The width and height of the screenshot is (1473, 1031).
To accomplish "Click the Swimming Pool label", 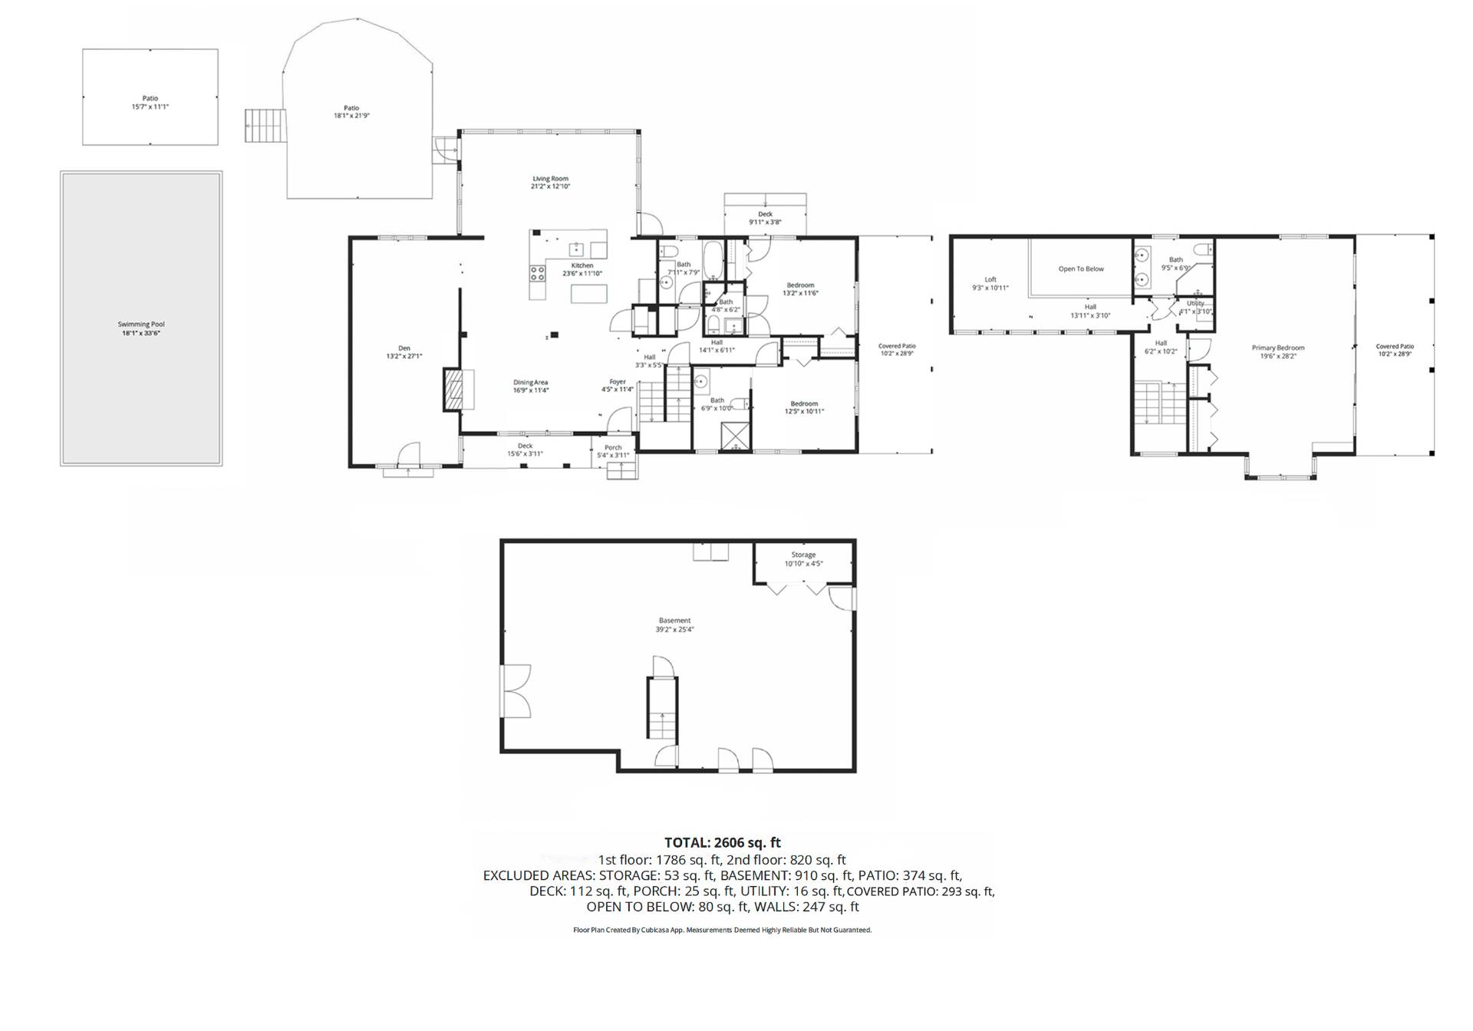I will [141, 328].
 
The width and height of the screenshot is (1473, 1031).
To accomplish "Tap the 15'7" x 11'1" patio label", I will [150, 103].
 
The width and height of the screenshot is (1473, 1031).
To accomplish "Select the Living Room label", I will [550, 183].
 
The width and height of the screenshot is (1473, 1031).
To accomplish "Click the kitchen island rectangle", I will [588, 294].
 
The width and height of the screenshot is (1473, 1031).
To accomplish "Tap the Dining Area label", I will [531, 386].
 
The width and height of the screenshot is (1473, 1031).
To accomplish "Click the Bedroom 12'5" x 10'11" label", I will [804, 407].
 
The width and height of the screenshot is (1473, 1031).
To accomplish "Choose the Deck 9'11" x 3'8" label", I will [765, 218].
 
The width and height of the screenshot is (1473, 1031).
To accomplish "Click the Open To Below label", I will [1081, 269].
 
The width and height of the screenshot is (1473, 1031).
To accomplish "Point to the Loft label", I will [990, 284].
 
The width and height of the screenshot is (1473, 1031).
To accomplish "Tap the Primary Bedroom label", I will [1278, 351].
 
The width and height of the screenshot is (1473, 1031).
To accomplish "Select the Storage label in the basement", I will [803, 558].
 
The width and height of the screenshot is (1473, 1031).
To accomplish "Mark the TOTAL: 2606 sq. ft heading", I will [722, 842].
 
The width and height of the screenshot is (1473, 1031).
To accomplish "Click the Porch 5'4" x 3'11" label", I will [613, 451].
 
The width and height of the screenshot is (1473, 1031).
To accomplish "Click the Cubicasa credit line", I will [722, 930].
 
